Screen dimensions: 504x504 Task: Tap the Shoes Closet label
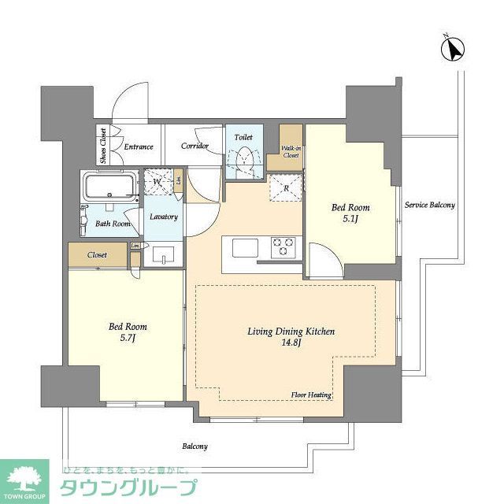point(103,146)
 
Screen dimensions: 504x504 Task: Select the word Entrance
point(138,146)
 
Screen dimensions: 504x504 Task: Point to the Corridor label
point(195,146)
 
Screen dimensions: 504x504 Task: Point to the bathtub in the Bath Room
point(111,189)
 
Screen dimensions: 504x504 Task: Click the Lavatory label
point(163,217)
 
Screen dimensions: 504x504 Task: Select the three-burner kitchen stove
point(283,247)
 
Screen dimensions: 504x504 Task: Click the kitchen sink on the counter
point(240,247)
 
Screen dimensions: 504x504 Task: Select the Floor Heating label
point(311,395)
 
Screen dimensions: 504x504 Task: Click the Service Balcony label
point(429,206)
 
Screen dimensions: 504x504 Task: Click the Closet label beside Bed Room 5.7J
point(97,255)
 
